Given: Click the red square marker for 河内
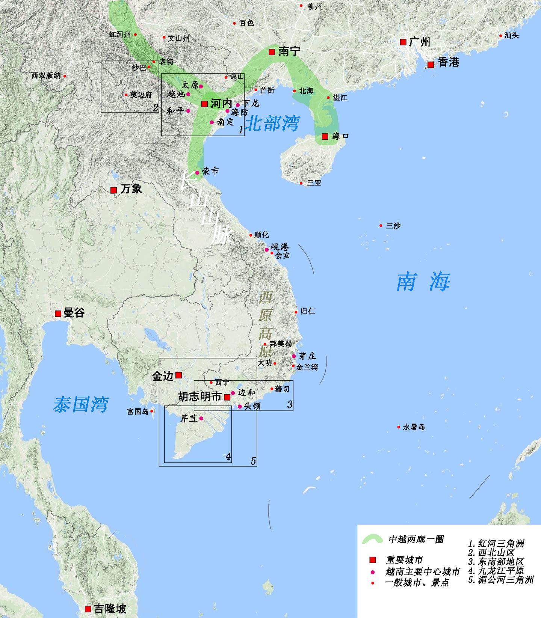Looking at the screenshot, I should [x=205, y=104].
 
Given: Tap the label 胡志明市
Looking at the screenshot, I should [x=199, y=397].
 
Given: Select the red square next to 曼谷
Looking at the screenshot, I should [x=58, y=313].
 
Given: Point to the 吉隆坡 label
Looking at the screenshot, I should [x=110, y=609].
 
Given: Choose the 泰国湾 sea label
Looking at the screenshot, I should [x=81, y=404].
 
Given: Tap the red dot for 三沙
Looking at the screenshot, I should [x=381, y=226].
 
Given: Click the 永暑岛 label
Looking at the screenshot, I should [x=414, y=427].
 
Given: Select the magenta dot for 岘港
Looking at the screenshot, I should [x=267, y=250].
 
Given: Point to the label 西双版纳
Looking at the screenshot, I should [x=46, y=75].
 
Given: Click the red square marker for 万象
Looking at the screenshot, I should [x=113, y=190].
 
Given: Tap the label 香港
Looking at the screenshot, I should [x=449, y=62].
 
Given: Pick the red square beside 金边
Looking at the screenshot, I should [x=179, y=375].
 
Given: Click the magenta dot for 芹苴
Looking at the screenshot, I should [x=201, y=418].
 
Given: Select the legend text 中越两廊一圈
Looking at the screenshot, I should [x=416, y=539].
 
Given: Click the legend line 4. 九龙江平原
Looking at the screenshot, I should [x=496, y=571].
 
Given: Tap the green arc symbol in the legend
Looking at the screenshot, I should [x=372, y=540].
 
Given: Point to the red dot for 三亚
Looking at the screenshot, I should [x=301, y=183].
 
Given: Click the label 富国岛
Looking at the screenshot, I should [x=138, y=411].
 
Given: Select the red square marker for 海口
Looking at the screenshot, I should [x=325, y=137].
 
